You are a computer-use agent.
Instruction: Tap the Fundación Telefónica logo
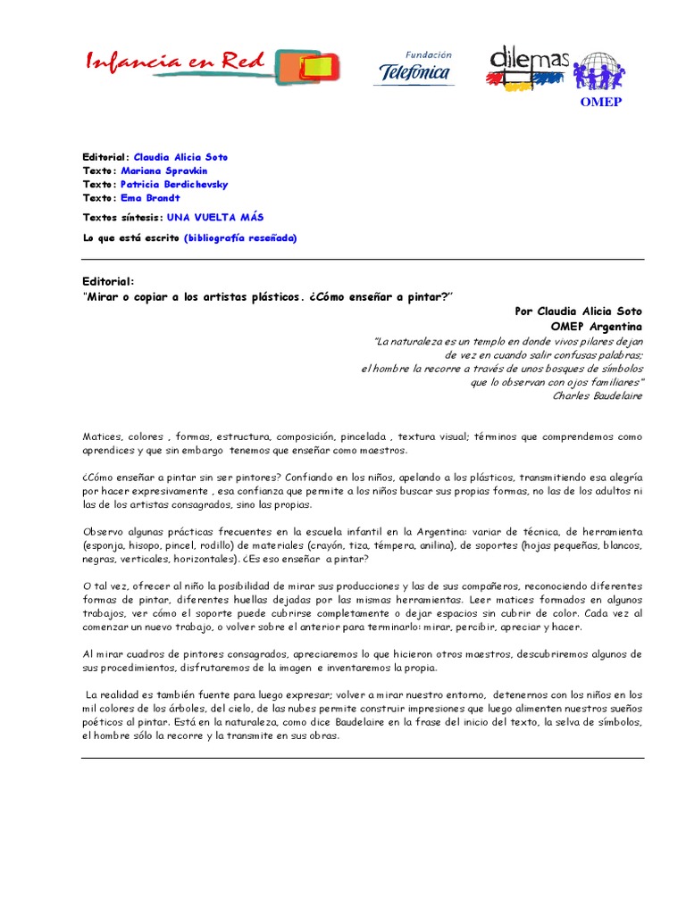(x=414, y=68)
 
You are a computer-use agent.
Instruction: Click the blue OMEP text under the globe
(x=600, y=102)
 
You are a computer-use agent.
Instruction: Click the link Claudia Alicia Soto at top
(x=180, y=157)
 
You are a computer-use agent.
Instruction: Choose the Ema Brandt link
(x=150, y=197)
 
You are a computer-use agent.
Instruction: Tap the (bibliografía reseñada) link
(x=240, y=238)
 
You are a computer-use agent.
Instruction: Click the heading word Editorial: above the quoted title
(x=107, y=281)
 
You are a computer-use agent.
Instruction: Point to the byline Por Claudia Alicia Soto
(x=578, y=311)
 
